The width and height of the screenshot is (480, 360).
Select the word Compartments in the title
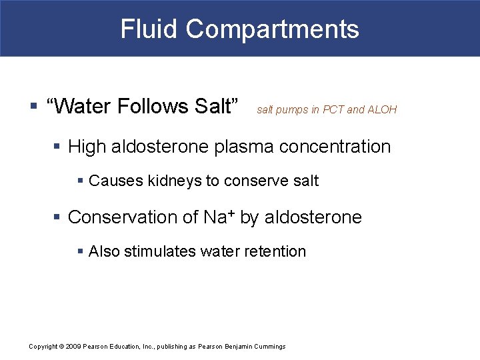272,29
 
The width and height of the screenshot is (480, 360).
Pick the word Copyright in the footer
43,347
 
